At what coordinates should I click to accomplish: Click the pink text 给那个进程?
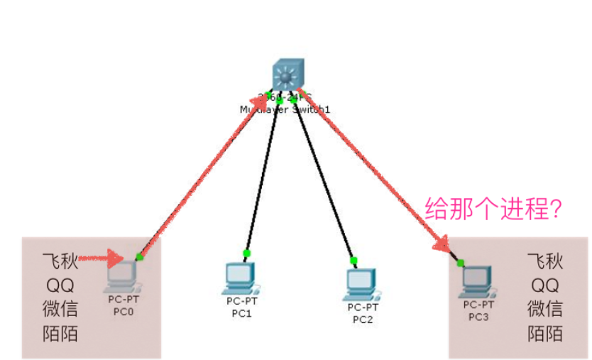coord(493,209)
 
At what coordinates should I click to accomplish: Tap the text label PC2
coord(363,318)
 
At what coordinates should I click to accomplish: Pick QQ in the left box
coord(60,285)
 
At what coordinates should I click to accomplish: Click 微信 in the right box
coord(545,309)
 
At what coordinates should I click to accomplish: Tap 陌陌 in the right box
coord(545,333)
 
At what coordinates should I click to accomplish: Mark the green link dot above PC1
coord(246,253)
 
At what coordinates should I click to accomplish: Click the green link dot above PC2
coord(353,260)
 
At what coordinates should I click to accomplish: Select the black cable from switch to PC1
coord(263,178)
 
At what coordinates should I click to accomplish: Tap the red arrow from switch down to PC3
coord(376,170)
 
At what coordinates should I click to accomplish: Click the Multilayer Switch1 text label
coord(285,110)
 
